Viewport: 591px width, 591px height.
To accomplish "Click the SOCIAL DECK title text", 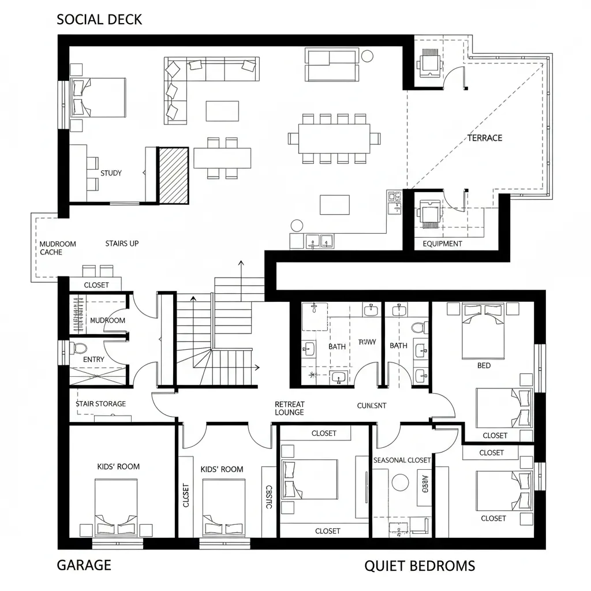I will coord(99,20).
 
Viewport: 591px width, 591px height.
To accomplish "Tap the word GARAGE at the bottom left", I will coord(84,564).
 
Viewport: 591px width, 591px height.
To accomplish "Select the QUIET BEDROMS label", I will coord(420,566).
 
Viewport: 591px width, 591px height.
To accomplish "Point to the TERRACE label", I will coord(484,138).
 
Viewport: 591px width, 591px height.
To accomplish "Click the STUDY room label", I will coord(111,173).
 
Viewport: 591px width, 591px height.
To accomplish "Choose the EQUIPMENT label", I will coord(442,244).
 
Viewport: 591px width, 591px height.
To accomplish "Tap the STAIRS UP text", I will coord(122,244).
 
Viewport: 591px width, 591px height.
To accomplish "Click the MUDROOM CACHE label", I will coord(58,248).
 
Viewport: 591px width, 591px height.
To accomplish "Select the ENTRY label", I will coord(94,360).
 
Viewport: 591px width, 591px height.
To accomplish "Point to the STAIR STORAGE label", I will coord(100,404).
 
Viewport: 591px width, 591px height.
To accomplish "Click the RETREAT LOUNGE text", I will coord(289,409).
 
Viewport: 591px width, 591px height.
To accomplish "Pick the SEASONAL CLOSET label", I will coord(402,460).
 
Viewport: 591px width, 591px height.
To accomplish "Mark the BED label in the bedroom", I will coord(484,365).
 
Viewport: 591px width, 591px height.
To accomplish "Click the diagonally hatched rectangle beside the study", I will coord(174,175).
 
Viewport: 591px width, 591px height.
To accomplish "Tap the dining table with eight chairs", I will coord(334,139).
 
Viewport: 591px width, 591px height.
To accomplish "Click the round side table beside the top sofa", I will coord(368,56).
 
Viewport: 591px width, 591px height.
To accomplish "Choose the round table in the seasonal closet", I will coord(401,481).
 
